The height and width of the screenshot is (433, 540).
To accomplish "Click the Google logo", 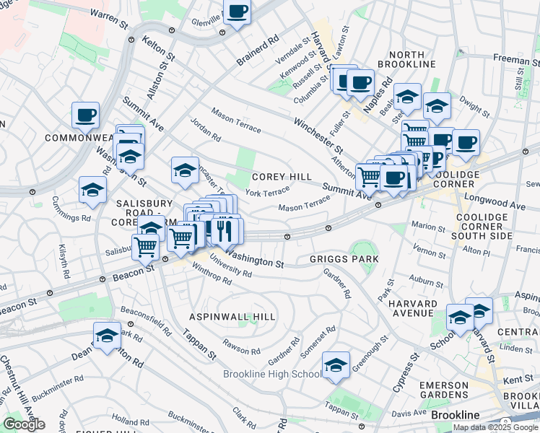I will click(x=24, y=424).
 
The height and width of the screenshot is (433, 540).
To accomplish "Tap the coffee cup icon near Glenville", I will click(x=237, y=12).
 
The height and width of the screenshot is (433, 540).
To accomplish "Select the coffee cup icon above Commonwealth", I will click(x=85, y=115).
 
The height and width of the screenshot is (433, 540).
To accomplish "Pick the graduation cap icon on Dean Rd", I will click(x=107, y=336).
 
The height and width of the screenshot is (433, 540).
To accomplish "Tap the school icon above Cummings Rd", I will click(x=92, y=190).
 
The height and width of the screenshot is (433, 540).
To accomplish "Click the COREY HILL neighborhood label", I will click(x=282, y=177).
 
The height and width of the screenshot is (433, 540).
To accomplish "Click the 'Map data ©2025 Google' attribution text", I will click(x=495, y=427).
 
